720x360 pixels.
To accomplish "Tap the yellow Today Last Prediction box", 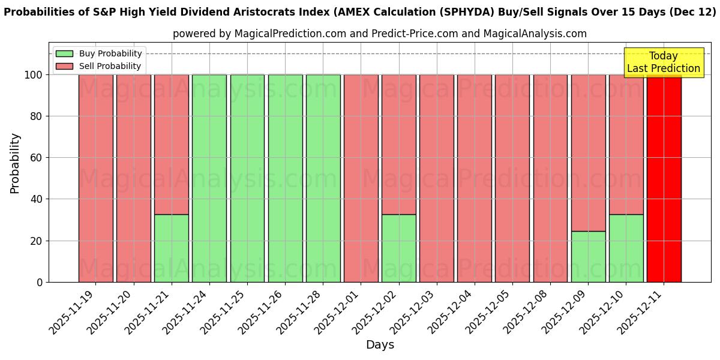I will coord(664,62).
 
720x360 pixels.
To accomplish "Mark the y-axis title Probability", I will coord(15,163).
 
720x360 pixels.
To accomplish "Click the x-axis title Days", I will coord(380,345).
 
